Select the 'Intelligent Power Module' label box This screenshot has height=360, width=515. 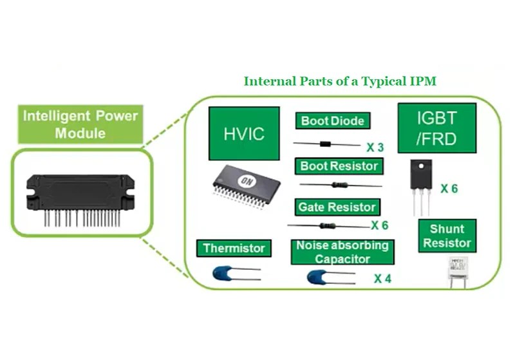point(80,125)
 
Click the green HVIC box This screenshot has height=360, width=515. point(244,133)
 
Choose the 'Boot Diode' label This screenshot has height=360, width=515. point(333,121)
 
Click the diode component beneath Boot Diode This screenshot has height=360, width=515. point(330,144)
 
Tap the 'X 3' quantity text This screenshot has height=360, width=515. point(375,147)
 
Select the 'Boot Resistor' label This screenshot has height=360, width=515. point(339,166)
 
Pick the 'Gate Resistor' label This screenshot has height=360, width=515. point(336,207)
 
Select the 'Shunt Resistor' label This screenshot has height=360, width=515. point(447,236)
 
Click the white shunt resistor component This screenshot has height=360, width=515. point(458,268)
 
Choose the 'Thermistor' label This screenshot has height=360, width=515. point(234,248)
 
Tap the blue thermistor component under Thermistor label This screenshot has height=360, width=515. point(225,274)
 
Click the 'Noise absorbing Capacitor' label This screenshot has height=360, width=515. point(342,252)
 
